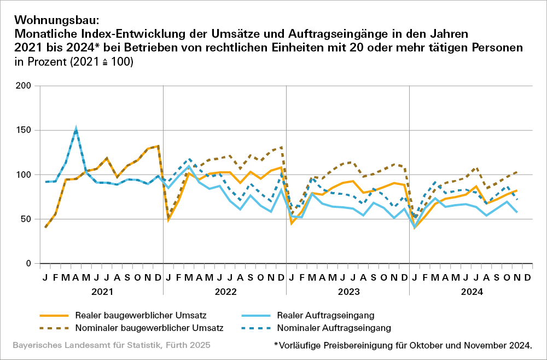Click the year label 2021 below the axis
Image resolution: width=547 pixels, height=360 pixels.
coord(101,292)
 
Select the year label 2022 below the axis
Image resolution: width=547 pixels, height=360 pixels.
coord(224,292)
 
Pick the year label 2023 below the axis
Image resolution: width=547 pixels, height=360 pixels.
coord(348,292)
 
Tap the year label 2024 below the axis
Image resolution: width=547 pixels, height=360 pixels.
coord(471,292)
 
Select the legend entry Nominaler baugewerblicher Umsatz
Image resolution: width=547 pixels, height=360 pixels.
coord(149,328)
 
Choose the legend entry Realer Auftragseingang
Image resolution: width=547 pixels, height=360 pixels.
coord(325,315)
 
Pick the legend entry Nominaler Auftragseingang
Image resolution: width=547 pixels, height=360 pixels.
coord(334,328)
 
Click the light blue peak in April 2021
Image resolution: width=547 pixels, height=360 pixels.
coord(76,129)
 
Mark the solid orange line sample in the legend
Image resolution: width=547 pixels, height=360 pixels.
coord(54,316)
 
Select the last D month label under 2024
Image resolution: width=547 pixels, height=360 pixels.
coord(527,278)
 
